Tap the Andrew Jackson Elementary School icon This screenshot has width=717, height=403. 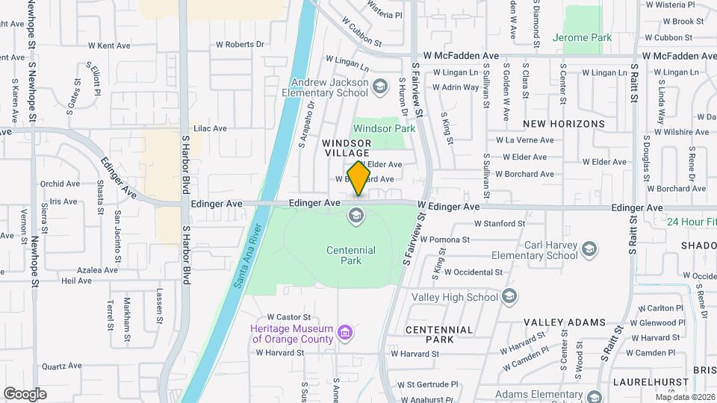380,87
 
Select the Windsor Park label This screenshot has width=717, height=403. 384,128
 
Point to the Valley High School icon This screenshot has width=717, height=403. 510,297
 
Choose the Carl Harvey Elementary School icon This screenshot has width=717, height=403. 589,249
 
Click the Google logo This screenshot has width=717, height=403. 25,393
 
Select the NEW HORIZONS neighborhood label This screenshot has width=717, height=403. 564,123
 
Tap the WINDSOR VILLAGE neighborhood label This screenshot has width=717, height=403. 347,147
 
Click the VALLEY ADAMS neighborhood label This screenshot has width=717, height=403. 564,322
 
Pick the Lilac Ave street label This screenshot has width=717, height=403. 210,128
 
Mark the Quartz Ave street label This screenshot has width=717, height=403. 61,366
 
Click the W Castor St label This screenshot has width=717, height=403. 288,317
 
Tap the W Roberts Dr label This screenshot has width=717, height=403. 240,44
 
